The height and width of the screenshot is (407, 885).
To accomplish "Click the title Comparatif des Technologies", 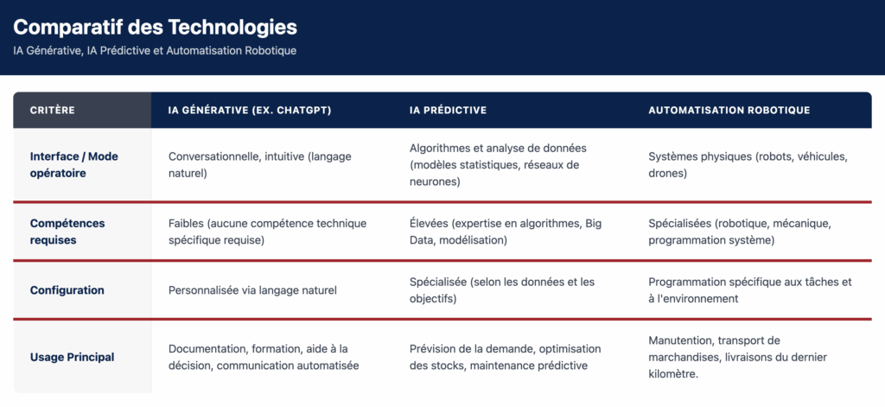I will click(155, 27).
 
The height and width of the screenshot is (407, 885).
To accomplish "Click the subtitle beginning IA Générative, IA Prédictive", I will click(155, 51).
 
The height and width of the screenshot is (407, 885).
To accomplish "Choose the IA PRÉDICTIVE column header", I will click(448, 111).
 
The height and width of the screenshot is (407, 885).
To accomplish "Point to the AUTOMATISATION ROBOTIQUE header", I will click(729, 111).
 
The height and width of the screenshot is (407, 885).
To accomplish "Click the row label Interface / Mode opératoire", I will click(74, 164).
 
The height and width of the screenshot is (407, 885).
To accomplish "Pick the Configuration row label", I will click(67, 290).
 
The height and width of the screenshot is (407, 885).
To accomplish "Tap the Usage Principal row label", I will click(72, 357).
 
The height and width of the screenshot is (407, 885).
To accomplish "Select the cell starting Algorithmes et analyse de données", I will click(493, 164).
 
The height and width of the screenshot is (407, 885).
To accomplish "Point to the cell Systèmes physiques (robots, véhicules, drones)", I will click(748, 164).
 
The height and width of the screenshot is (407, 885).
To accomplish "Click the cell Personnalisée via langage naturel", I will click(252, 290).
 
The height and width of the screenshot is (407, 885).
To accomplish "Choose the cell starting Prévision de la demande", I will click(505, 357).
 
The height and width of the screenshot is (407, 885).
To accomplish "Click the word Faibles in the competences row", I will click(186, 224).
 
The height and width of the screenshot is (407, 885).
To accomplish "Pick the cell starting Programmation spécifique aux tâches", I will click(749, 290).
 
